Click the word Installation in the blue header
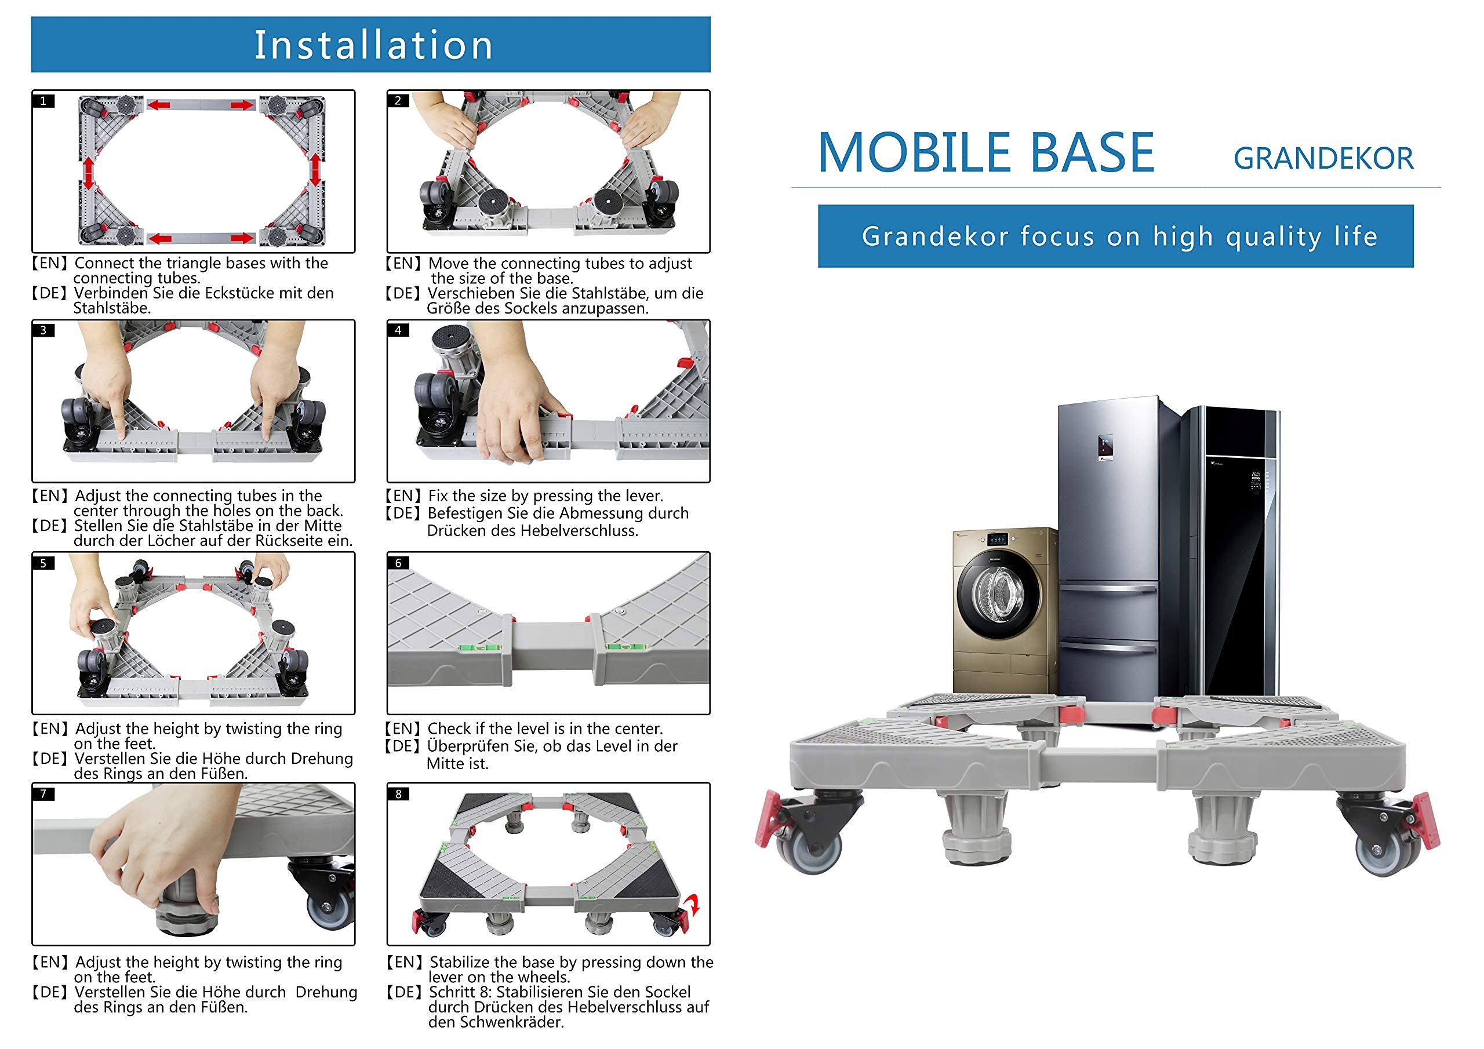coord(373,45)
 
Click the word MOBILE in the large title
coord(913,153)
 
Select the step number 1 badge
coord(43,101)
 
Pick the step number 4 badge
coord(398,330)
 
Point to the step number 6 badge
coord(398,563)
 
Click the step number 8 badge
coord(398,793)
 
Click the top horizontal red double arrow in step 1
coord(201,105)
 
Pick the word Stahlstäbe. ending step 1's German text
coord(112,308)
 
